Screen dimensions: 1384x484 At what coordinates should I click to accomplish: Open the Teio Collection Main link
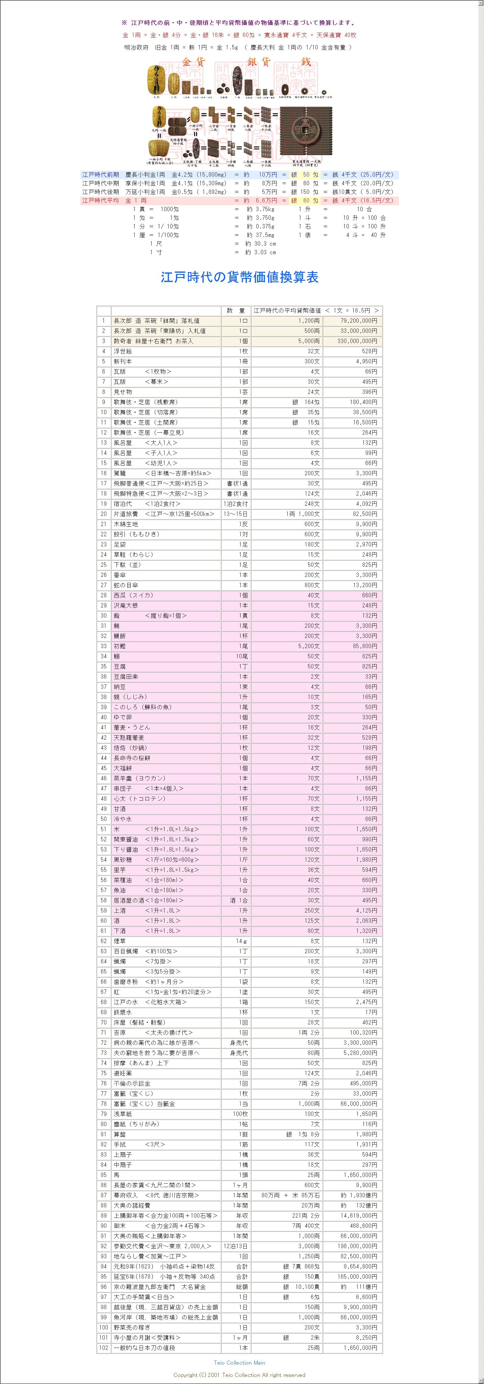239,1362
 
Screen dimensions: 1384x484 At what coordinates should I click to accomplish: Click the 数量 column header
235,311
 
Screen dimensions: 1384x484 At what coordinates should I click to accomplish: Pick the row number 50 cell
104,819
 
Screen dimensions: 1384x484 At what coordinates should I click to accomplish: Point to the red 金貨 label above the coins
194,62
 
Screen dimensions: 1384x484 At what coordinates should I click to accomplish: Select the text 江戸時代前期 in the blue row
100,175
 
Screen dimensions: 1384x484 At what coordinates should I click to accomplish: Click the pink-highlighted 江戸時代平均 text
100,200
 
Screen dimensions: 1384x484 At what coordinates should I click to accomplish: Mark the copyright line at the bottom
239,1375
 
